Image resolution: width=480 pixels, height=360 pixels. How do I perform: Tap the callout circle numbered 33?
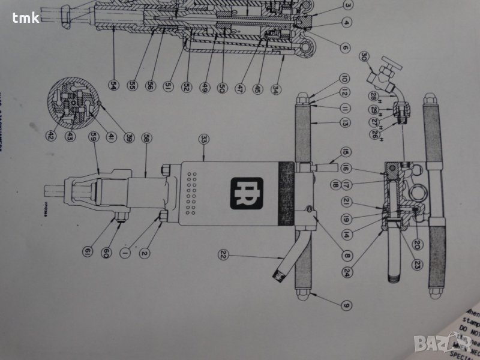(205, 139)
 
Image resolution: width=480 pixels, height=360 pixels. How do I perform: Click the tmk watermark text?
(24, 17)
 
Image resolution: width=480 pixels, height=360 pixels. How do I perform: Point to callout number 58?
(146, 137)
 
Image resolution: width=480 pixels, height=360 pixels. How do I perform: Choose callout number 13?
(346, 123)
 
